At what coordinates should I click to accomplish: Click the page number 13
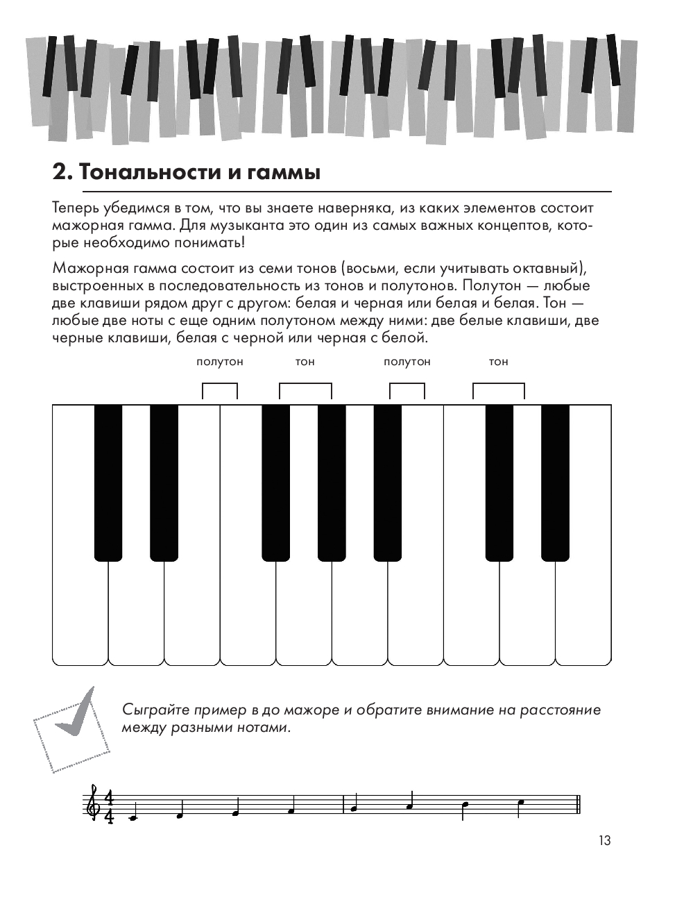click(604, 840)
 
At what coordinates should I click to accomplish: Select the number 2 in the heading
click(60, 172)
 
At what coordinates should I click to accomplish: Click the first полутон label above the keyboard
click(220, 362)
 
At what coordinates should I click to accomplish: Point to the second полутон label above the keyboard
click(407, 362)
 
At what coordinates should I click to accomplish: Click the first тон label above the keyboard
click(305, 362)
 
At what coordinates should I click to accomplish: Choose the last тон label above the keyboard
click(498, 362)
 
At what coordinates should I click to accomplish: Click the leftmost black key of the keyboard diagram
click(108, 482)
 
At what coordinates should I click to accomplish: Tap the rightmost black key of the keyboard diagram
click(555, 482)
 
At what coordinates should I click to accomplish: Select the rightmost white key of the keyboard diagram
click(583, 611)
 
